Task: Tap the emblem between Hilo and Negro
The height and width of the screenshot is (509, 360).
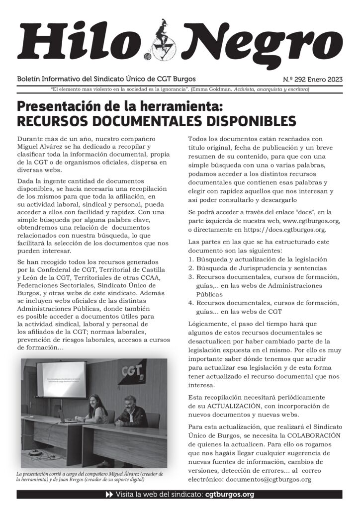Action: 162,40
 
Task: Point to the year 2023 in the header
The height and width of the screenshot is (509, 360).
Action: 332,80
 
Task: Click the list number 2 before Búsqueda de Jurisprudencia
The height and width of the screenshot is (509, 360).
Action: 190,268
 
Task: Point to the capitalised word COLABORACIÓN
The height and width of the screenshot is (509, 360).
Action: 312,435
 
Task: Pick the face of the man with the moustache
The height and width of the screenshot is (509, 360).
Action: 130,402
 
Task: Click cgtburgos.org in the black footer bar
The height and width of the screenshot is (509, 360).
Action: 229,495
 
